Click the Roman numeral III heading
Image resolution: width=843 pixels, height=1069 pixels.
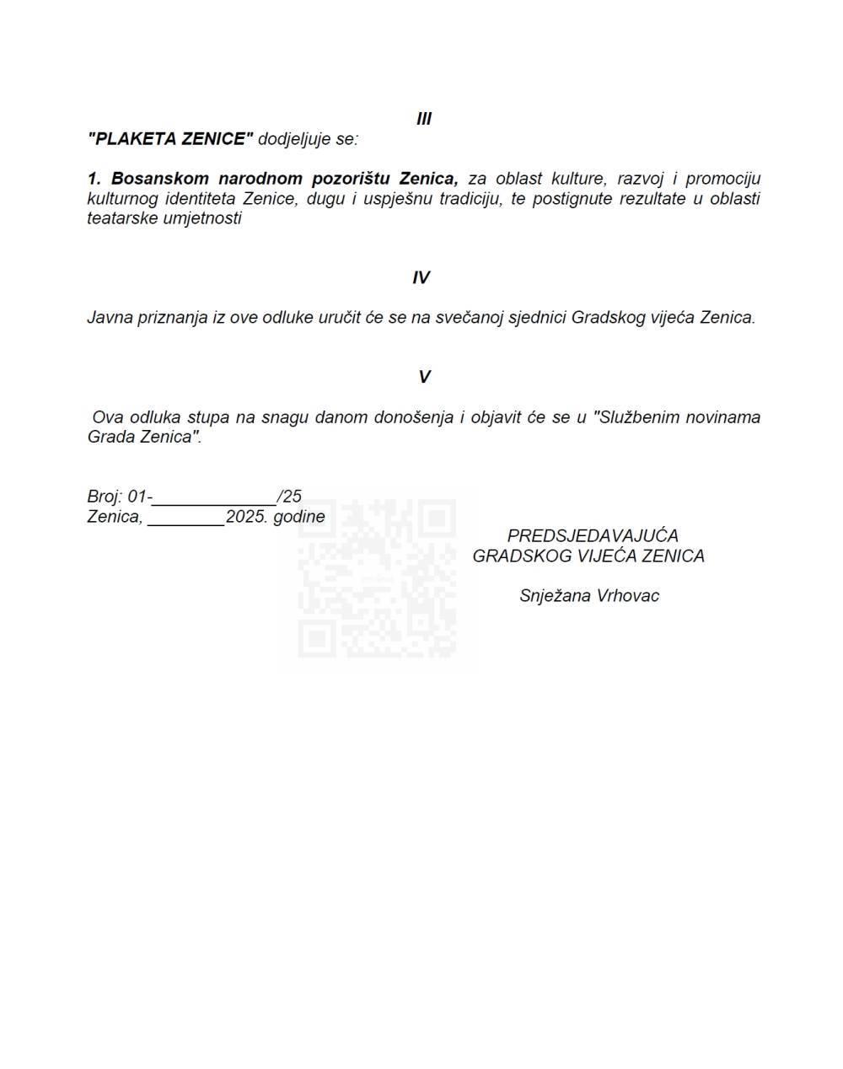point(424,119)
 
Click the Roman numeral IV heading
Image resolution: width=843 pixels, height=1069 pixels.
point(421,278)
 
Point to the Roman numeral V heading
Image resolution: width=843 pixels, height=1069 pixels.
point(424,377)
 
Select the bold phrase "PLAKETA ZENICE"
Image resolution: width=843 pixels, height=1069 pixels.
point(170,139)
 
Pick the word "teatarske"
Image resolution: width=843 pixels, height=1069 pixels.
point(119,218)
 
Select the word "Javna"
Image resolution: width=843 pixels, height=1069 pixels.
point(107,318)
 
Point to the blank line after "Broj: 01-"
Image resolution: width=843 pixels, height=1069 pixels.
point(214,497)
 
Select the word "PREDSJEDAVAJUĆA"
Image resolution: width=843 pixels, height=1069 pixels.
point(593,536)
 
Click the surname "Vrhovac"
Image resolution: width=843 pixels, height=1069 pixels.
point(628,596)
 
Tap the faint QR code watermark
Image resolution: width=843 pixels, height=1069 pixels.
point(377,578)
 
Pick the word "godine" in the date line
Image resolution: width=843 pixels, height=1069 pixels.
point(299,517)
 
